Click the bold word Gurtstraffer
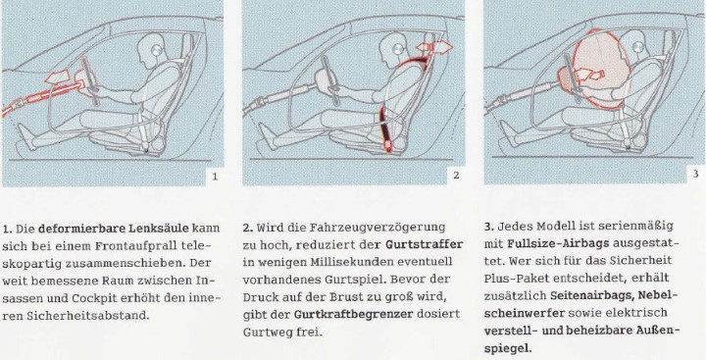(x=424, y=244)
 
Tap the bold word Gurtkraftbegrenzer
(x=353, y=314)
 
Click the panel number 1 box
(x=215, y=177)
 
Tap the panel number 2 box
(x=456, y=176)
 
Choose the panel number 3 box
(x=696, y=174)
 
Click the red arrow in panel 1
(x=57, y=77)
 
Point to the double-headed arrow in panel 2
(x=433, y=47)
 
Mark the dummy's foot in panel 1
(x=27, y=136)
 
